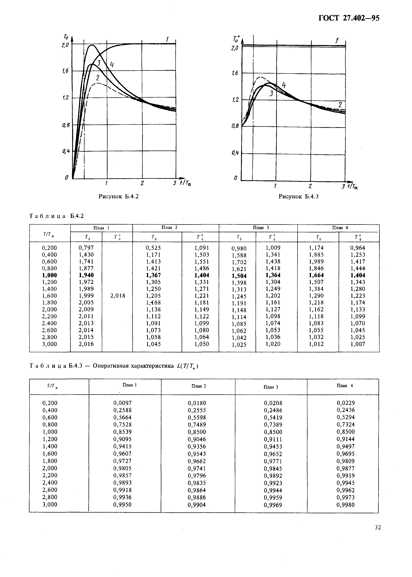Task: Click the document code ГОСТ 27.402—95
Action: click(349, 18)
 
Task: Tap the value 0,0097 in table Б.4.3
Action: click(123, 403)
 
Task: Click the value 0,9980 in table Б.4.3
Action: click(345, 505)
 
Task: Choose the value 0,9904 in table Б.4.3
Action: click(197, 505)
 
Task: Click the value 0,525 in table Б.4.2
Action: click(153, 247)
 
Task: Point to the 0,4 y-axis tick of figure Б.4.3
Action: click(235, 153)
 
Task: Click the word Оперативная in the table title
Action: click(112, 366)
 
